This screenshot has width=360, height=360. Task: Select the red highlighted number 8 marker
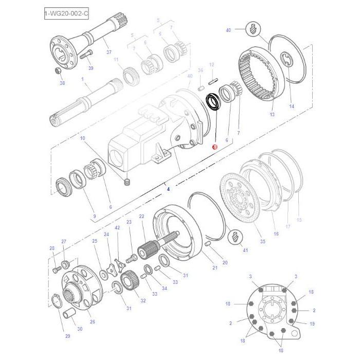pyautogui.click(x=214, y=147)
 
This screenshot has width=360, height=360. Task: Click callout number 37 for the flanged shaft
pyautogui.click(x=109, y=52)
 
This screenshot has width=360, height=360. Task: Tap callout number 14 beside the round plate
pyautogui.click(x=291, y=106)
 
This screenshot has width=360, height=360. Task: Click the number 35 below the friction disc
pyautogui.click(x=262, y=241)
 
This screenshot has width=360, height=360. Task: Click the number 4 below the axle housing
pyautogui.click(x=168, y=189)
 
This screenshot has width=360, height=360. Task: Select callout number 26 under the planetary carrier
pyautogui.click(x=93, y=322)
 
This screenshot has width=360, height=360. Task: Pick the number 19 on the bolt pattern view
pyautogui.click(x=312, y=323)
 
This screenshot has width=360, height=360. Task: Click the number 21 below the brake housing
pyautogui.click(x=214, y=268)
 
